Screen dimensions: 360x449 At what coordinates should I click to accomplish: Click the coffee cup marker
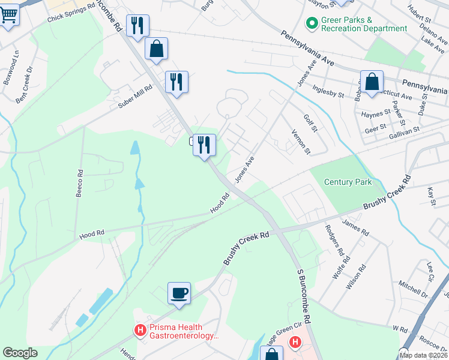(x=179, y=293)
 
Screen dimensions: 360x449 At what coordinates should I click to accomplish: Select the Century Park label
(x=348, y=182)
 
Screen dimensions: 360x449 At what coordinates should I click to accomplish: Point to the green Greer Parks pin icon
(x=312, y=24)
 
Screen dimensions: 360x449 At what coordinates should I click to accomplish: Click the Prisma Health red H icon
(x=140, y=330)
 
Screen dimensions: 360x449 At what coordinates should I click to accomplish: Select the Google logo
(x=20, y=353)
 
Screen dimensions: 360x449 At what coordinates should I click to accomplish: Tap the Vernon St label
(x=300, y=142)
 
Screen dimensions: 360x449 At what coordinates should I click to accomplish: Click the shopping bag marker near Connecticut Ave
(x=372, y=83)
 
